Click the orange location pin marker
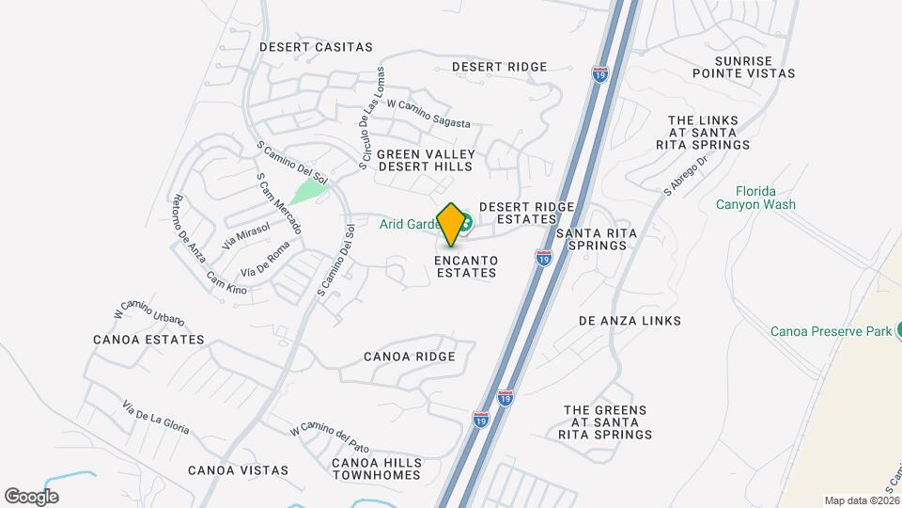point(452,225)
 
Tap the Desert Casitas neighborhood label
point(316,47)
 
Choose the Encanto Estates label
point(466,266)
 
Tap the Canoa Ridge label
point(410,357)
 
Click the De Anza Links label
point(630,321)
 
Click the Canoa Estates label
point(148,340)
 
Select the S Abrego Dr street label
point(683,176)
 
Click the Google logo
point(31,496)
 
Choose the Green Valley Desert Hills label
point(426,160)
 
